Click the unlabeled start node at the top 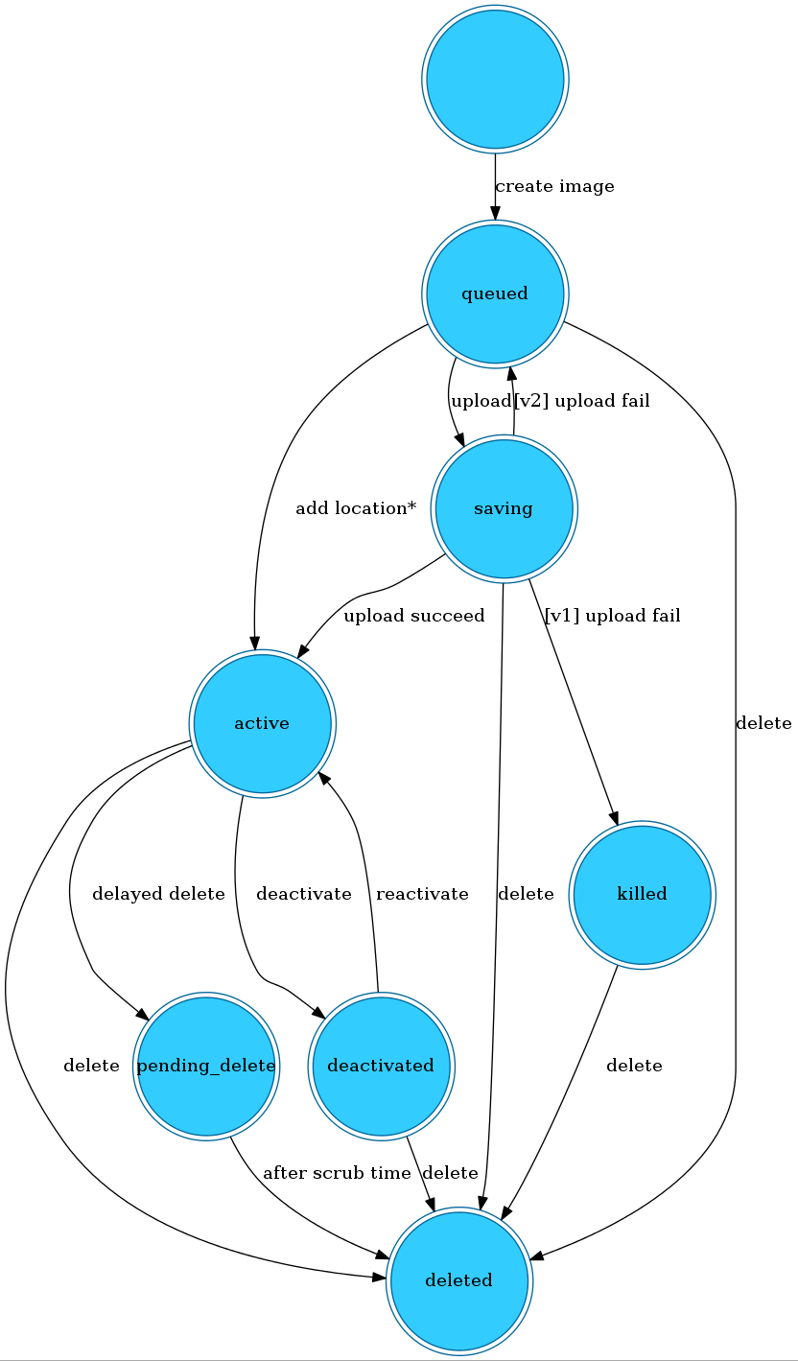coord(495,79)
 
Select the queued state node coord(495,293)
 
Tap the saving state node coord(504,507)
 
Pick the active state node coord(262,722)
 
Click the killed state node coord(642,894)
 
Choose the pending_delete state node coord(206,1066)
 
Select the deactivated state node coord(381,1066)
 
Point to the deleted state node coord(458,1280)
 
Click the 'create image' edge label coord(554,186)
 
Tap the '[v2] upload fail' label coord(582,401)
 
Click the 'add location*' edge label coord(355,508)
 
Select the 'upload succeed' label coord(414,616)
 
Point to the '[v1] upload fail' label coord(612,616)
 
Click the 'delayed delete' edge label coord(158,894)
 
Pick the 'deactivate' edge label coord(304,894)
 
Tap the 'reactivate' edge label coord(422,894)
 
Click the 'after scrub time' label coord(337,1173)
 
